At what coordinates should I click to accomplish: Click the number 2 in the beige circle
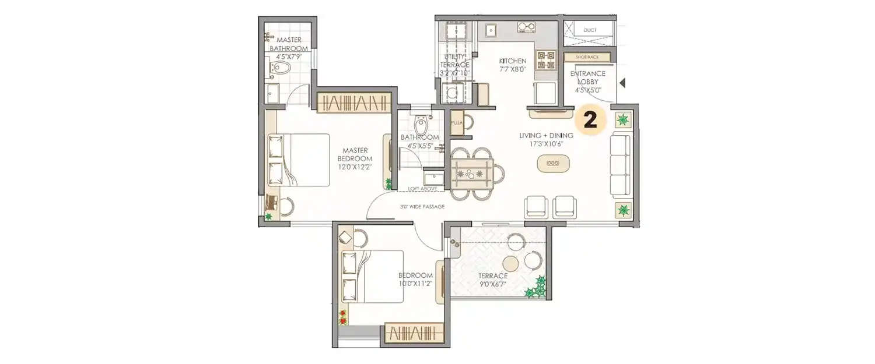pos(590,121)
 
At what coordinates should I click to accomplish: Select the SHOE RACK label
pos(588,57)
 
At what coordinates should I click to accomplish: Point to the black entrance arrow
pos(622,83)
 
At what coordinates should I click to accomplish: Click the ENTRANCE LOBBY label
pos(587,82)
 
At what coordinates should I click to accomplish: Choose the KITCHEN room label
pos(513,61)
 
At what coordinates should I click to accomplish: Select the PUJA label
pos(456,123)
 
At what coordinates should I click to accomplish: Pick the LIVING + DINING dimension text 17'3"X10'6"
pos(546,144)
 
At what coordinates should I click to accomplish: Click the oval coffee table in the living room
pos(551,165)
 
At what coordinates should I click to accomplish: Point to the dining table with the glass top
pos(472,173)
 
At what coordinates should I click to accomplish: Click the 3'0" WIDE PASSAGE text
pos(422,207)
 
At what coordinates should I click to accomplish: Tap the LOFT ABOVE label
pos(422,189)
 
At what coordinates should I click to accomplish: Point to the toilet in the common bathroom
pos(419,125)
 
